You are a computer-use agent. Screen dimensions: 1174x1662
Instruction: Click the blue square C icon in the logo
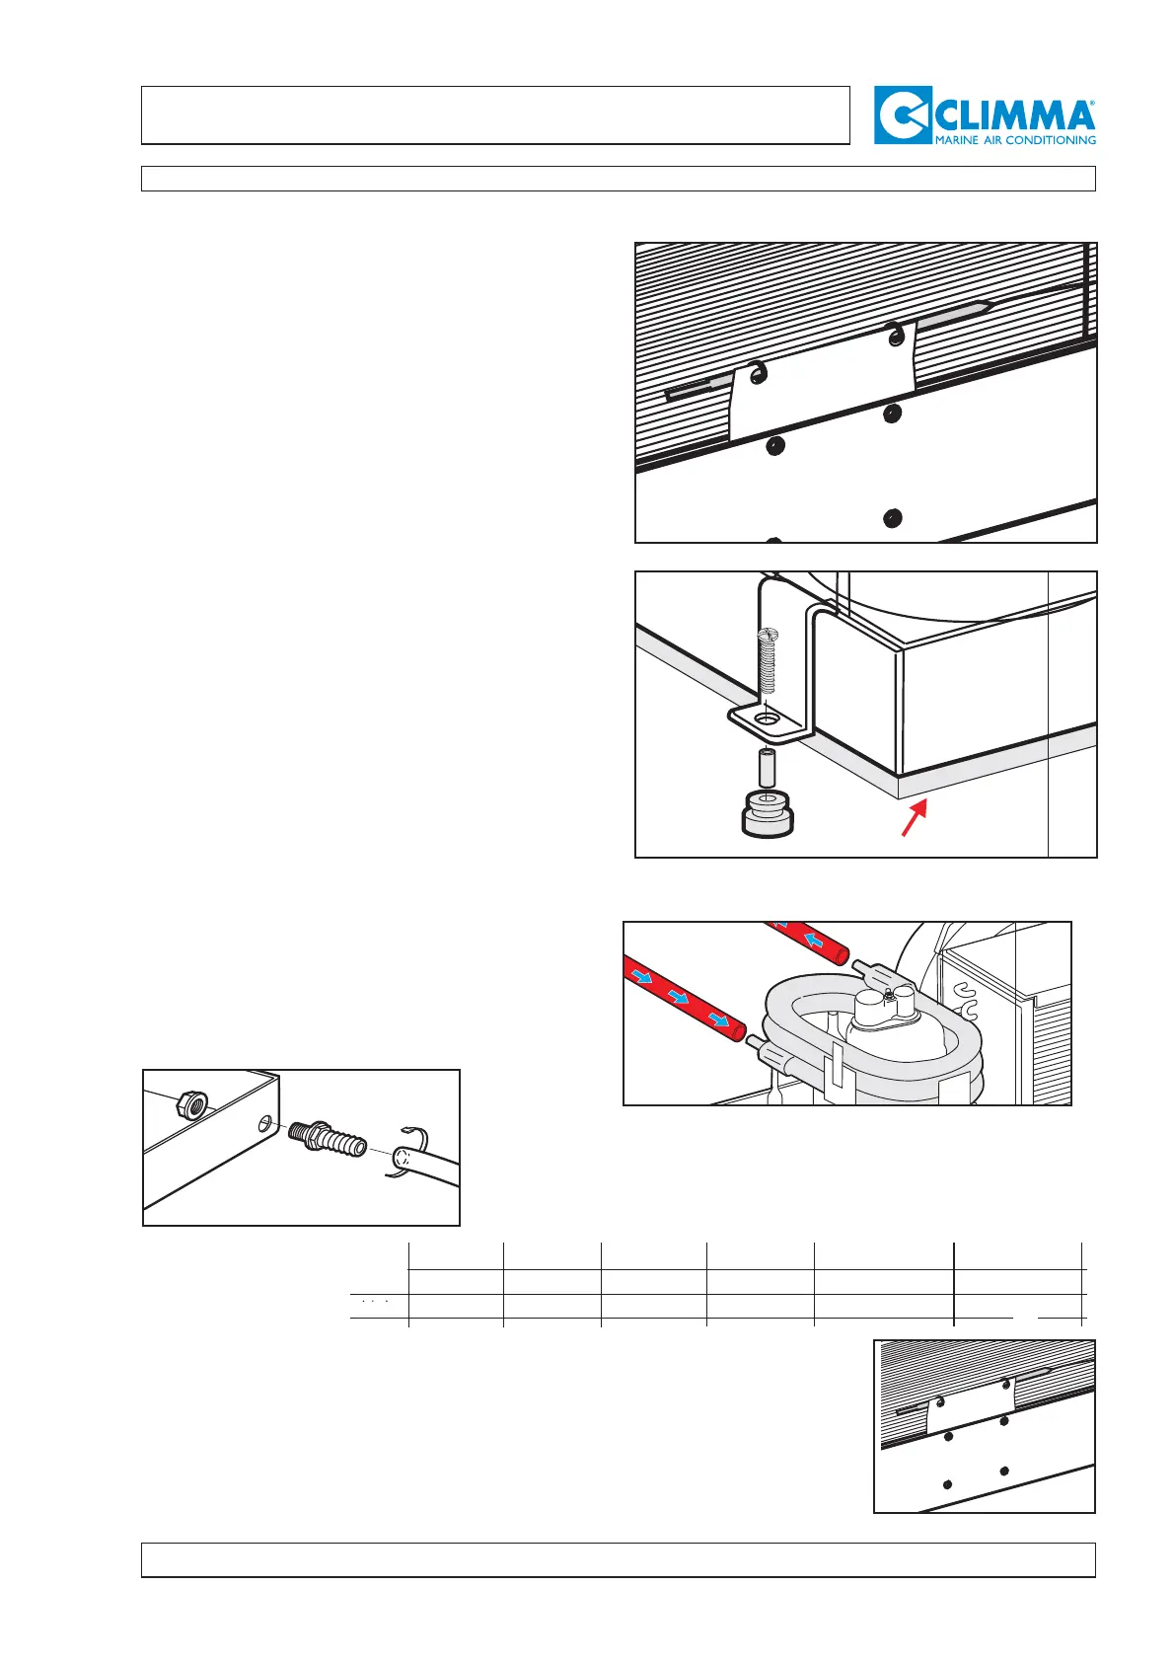[901, 115]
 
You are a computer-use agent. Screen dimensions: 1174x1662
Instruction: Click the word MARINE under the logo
[958, 140]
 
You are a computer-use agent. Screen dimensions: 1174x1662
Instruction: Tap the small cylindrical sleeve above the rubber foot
[768, 764]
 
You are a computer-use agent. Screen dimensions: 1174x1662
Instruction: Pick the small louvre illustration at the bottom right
[984, 1425]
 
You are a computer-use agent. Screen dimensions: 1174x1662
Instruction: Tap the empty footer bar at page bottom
[618, 1559]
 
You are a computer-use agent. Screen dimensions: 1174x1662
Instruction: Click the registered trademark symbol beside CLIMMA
[1090, 102]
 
